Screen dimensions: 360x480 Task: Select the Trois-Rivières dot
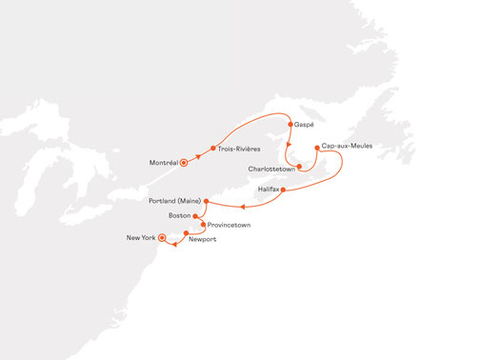coord(211,148)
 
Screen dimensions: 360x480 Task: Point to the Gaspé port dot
coord(290,124)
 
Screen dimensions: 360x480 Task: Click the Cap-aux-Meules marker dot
coord(317,147)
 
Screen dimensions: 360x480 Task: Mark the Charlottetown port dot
coord(299,167)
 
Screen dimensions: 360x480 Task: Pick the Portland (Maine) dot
coord(207,203)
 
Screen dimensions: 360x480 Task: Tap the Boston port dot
coord(195,216)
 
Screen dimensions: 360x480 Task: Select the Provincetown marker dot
coord(203,225)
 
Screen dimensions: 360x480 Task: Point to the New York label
coord(140,237)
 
